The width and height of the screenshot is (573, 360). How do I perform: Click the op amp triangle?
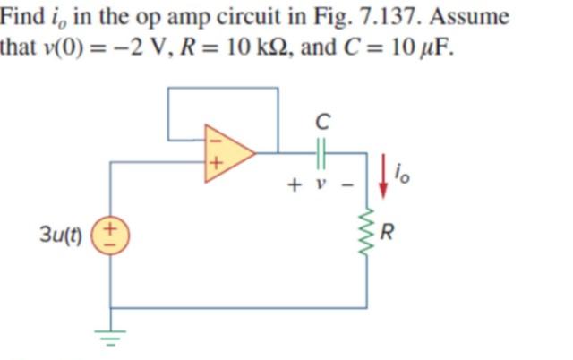click(227, 151)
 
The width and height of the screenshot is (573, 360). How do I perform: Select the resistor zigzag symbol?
click(367, 236)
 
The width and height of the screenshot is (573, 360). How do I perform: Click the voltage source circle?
click(111, 236)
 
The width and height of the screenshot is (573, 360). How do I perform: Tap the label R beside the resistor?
click(387, 236)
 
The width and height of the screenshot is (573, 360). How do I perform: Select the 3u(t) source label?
click(61, 237)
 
